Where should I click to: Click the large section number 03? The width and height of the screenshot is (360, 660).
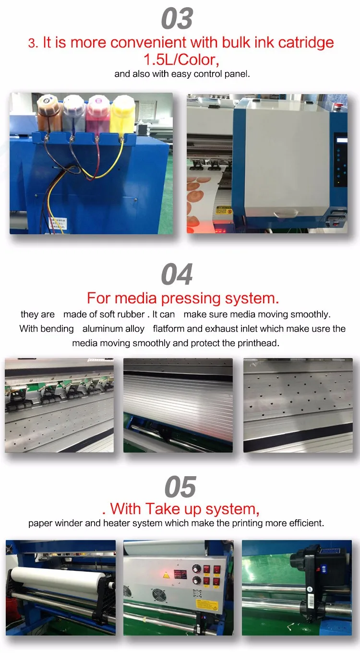click(177, 19)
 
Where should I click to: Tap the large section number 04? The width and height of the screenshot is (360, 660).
click(177, 274)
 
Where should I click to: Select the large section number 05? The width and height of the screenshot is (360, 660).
click(180, 486)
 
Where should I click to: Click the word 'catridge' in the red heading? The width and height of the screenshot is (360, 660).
click(306, 42)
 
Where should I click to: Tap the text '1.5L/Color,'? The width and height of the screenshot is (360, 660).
click(181, 60)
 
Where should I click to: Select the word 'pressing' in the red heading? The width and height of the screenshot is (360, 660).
click(191, 298)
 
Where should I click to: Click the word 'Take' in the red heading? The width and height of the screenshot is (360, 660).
click(162, 509)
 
